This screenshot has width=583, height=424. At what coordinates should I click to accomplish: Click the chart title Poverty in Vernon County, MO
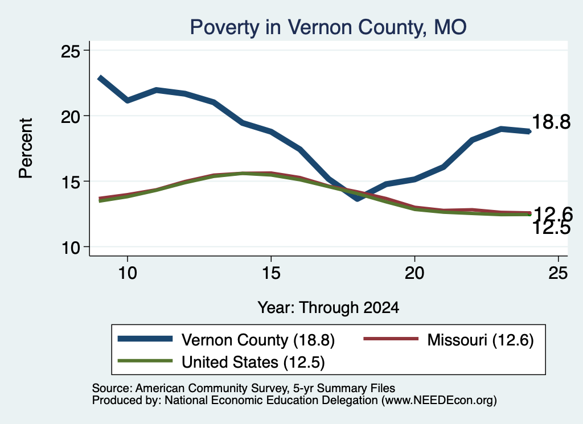328,27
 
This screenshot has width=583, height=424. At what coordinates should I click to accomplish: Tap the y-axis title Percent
26,149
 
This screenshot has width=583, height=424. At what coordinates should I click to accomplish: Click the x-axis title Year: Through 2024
329,308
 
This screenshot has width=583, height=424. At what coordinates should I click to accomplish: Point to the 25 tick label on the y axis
71,51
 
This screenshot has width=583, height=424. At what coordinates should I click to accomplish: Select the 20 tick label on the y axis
71,117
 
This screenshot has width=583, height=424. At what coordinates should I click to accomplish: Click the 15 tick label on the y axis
71,182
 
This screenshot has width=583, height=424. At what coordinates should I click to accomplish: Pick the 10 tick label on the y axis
71,248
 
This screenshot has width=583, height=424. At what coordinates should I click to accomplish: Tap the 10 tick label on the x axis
128,273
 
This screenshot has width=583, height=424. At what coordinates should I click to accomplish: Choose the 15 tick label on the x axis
271,273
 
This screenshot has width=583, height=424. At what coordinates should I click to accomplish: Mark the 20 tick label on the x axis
414,273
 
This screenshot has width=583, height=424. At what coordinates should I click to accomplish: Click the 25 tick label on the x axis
558,273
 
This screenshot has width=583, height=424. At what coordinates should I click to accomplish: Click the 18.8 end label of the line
551,122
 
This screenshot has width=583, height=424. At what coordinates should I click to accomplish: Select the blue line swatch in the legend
145,339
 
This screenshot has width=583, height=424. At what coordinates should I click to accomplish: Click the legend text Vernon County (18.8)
258,340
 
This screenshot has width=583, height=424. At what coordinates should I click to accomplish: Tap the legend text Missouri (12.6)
481,340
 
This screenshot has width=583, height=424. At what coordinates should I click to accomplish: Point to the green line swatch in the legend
145,361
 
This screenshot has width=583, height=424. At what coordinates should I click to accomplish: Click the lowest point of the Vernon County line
358,199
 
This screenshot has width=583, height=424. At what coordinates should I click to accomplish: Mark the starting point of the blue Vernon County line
100,78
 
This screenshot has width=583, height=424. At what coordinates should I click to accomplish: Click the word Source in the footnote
112,388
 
